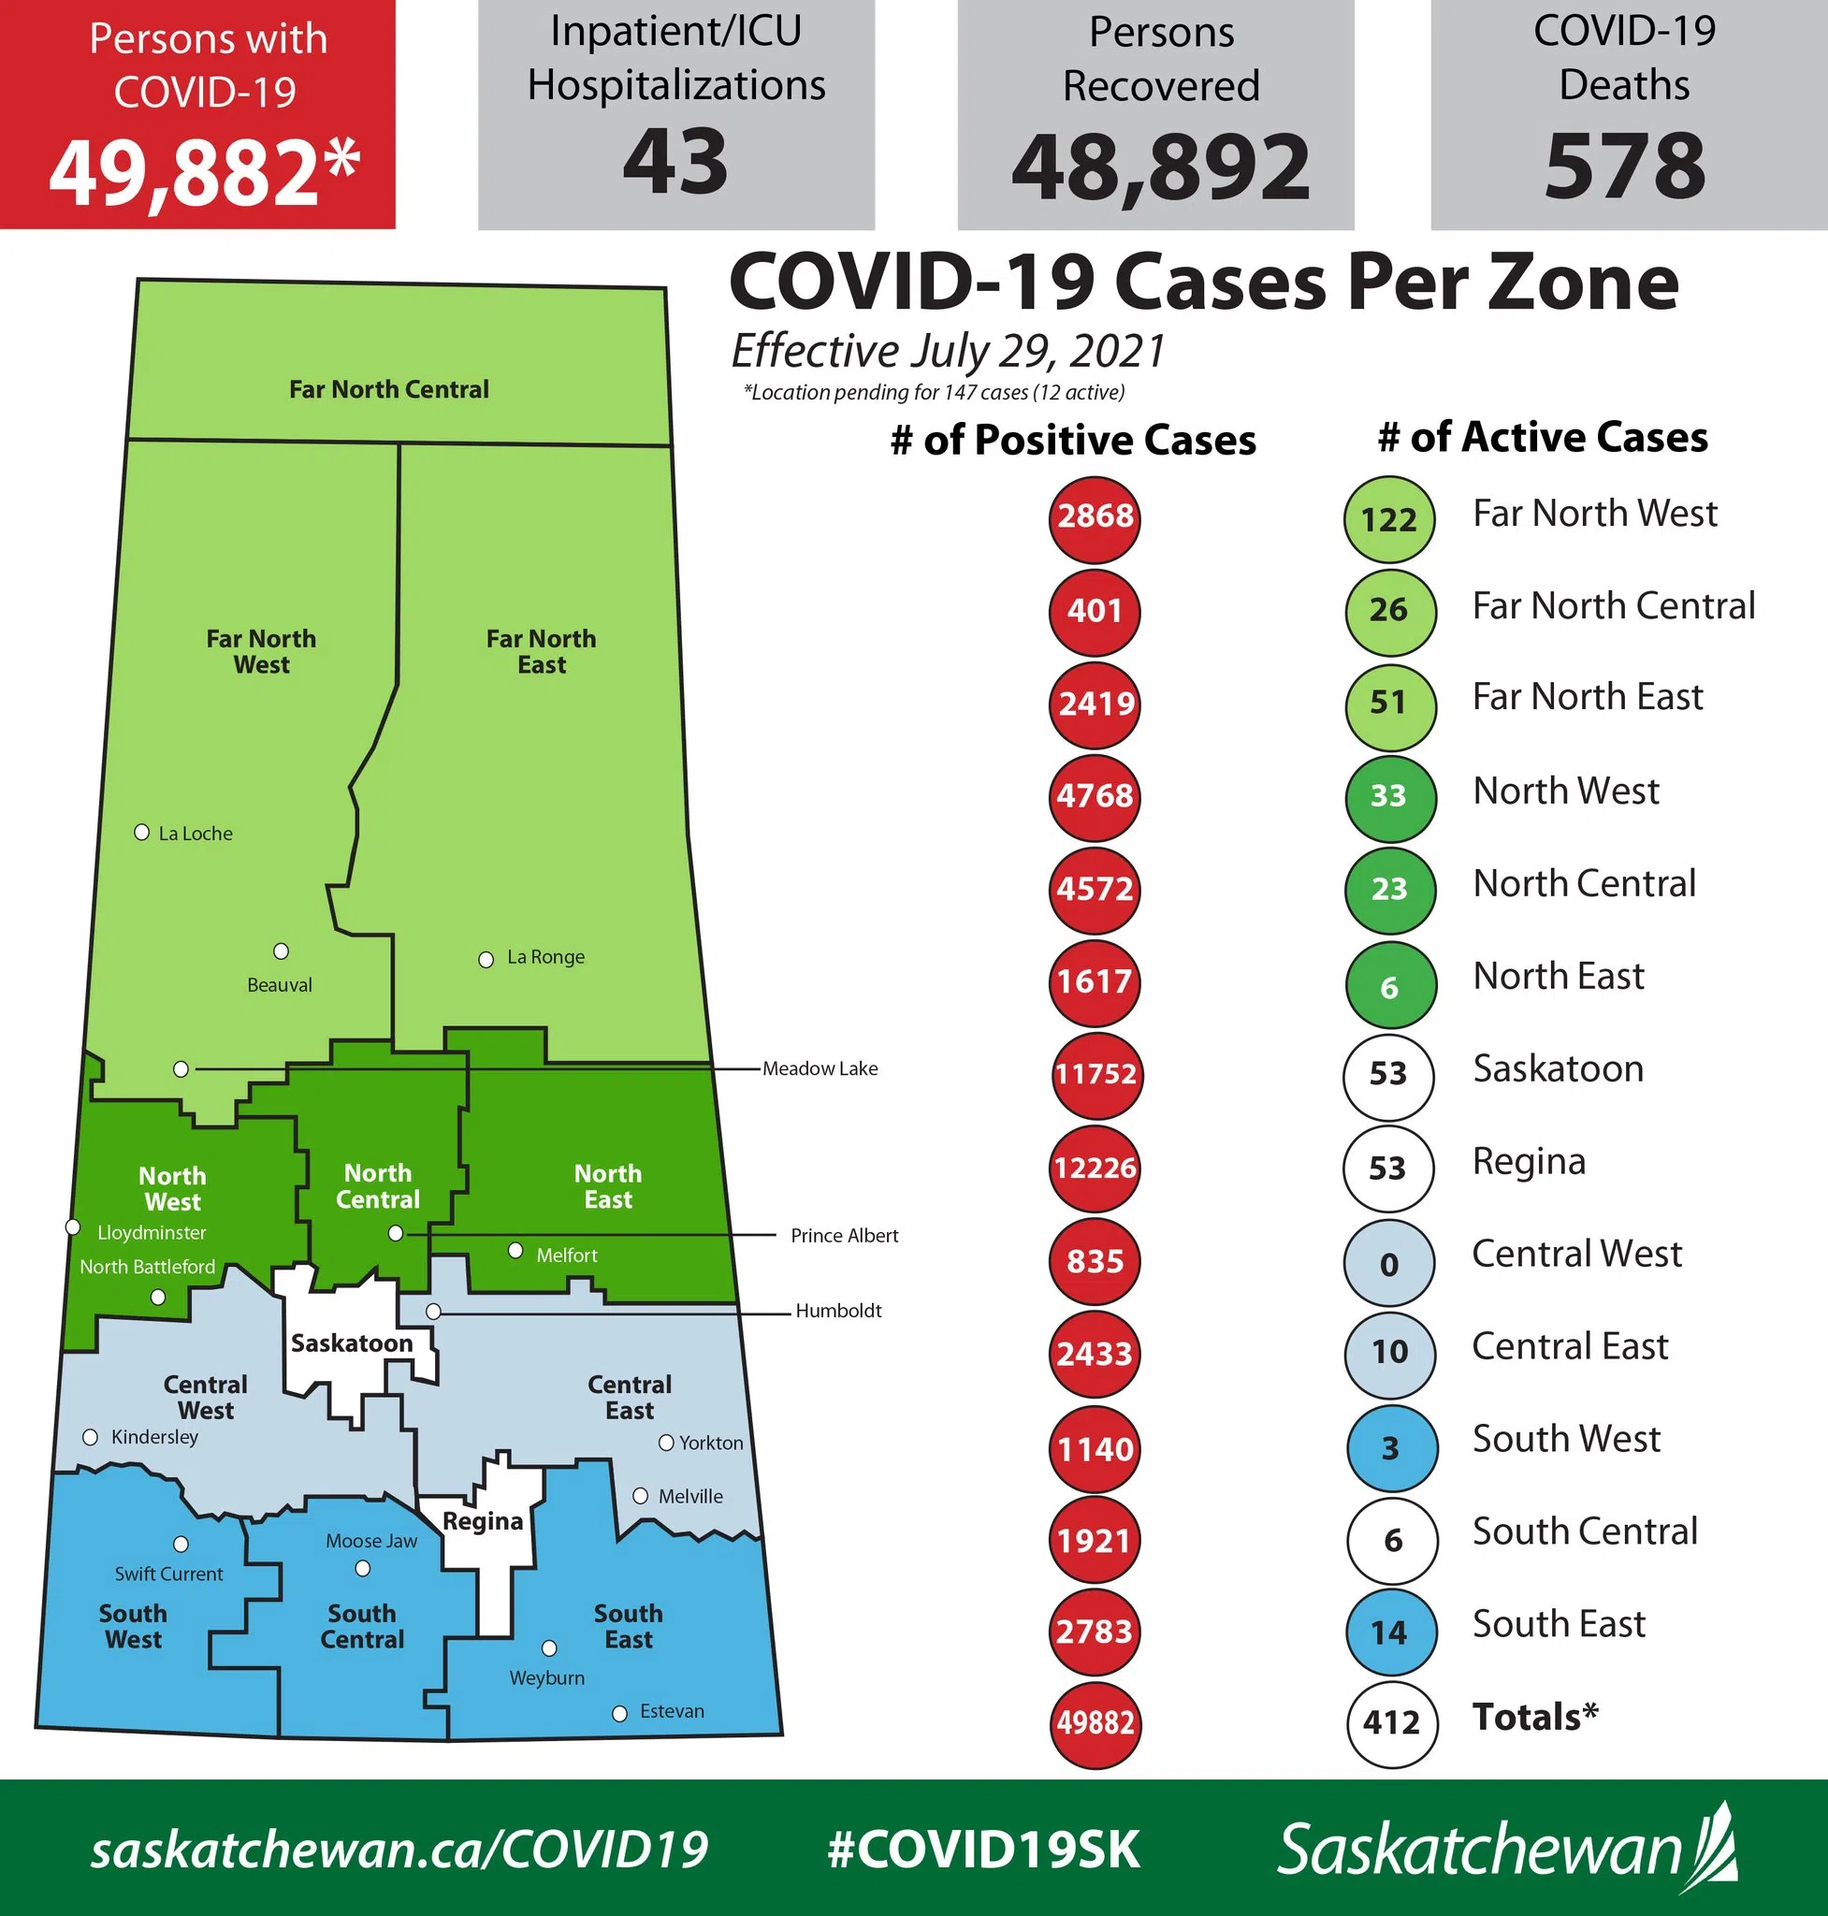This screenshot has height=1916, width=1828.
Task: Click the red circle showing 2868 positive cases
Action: (1095, 517)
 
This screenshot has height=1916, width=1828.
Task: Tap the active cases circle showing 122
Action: (1388, 519)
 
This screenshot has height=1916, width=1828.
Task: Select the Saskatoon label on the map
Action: (352, 1343)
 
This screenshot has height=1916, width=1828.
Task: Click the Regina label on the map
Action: (483, 1520)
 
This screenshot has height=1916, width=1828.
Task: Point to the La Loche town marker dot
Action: (141, 833)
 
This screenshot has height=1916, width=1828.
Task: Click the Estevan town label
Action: (672, 1711)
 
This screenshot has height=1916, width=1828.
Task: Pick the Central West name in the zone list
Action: (1575, 1254)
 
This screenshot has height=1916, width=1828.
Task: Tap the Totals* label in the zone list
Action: (1534, 1716)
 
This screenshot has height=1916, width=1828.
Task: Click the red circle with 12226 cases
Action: (1095, 1168)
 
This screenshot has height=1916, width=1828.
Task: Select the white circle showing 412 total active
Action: (1391, 1724)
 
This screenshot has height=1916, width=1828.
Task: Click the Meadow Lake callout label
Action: (820, 1068)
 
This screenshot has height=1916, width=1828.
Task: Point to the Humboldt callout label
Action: (838, 1311)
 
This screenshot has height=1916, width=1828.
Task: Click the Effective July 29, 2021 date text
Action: (948, 352)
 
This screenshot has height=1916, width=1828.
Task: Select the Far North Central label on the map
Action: (389, 389)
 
